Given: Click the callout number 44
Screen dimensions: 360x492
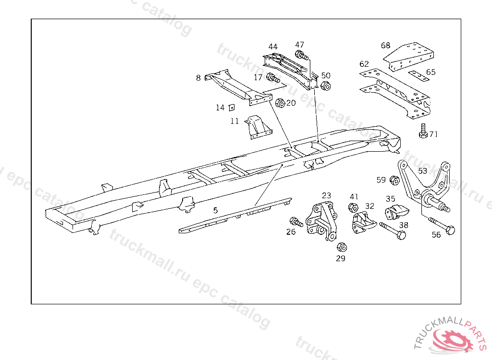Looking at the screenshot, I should (273, 47).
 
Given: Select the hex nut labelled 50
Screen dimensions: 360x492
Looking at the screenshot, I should (325, 86).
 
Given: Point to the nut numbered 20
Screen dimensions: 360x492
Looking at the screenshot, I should (280, 103).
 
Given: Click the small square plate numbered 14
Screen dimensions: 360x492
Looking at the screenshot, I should (231, 107).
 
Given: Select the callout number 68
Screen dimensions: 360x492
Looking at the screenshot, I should (386, 46).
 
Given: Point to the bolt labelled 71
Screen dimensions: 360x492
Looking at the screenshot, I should (423, 131).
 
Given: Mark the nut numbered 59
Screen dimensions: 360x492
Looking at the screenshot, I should (394, 180).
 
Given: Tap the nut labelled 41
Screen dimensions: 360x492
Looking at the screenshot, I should (352, 208).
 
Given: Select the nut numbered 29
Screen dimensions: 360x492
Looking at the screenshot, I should (342, 247).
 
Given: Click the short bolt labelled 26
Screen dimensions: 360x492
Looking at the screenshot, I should (295, 222).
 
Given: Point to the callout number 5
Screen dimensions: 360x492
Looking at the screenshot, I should (215, 210).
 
